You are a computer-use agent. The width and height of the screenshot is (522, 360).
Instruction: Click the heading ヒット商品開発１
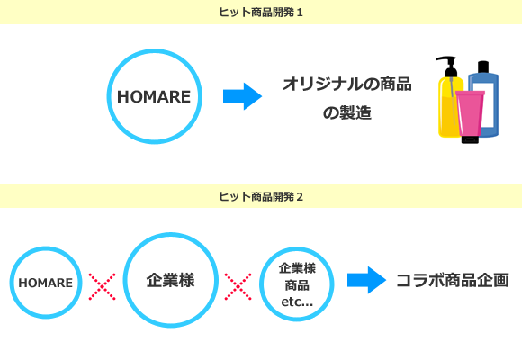pos(261,13)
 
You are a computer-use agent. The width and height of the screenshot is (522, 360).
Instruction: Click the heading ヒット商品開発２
pos(261,196)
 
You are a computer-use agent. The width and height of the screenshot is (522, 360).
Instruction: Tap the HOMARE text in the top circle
pos(154,97)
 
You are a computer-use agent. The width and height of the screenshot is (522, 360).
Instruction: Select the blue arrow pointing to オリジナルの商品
pos(242,96)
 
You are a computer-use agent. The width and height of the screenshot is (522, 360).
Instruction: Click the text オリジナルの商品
pos(346,84)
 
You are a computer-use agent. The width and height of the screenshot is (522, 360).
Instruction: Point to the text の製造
pos(346,112)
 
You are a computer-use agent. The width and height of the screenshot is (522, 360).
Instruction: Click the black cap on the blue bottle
pos(483,67)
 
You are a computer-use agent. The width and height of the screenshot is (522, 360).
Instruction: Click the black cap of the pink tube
pos(470,139)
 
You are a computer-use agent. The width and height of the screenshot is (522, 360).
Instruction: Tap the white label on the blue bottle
pos(488,105)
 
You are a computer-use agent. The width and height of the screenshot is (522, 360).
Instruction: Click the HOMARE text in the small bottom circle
pos(46,283)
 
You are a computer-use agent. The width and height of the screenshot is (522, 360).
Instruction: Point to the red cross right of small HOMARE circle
pos(103,287)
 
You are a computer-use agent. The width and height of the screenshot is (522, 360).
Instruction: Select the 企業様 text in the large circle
pos(170,280)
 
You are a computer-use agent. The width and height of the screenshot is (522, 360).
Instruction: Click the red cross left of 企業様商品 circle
pos(238,287)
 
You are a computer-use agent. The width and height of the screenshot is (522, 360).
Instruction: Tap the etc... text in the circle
pos(297,301)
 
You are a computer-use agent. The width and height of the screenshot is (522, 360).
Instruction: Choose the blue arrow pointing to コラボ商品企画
pos(366,280)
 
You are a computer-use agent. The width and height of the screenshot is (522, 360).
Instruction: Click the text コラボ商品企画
pos(453,280)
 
